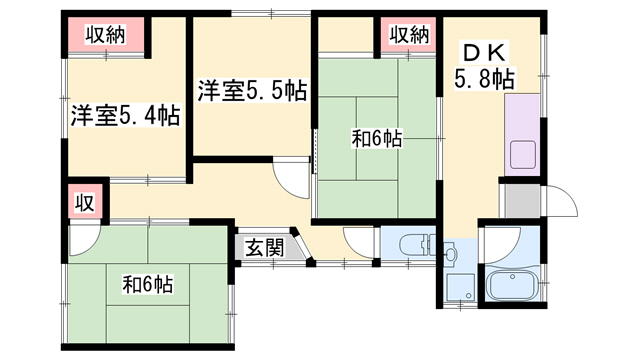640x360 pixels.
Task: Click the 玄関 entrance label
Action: coord(264,247)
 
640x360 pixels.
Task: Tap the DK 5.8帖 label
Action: coord(484,65)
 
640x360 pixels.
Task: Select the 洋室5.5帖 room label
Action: coord(252,91)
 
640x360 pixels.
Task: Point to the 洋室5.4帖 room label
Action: coord(125,116)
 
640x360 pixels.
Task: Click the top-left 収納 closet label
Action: coord(105,34)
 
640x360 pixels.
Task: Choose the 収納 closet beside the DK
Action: coord(409,34)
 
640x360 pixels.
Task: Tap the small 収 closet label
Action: coord(85,203)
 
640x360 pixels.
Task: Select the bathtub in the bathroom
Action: coord(513,286)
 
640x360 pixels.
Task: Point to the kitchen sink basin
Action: coord(523,154)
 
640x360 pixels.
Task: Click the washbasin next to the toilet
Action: coord(450,253)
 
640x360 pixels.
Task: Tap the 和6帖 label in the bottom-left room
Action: coord(148,284)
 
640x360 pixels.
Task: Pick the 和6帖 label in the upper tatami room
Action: coord(377,139)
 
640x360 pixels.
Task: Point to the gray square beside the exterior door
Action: coord(522,201)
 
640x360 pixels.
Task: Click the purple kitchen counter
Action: coord(522,135)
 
